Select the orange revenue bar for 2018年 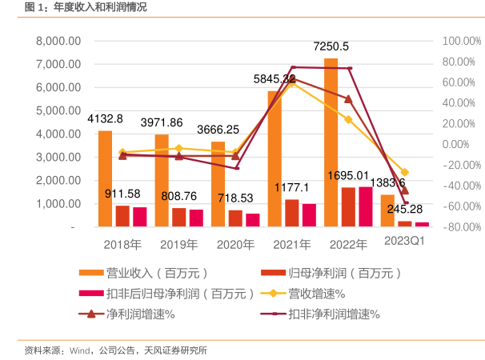[x=105, y=179]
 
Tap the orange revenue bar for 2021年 [x=275, y=159]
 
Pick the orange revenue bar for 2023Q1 [x=387, y=211]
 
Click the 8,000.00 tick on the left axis [x=58, y=41]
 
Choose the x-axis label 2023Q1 [x=404, y=242]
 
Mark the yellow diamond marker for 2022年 [x=348, y=119]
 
